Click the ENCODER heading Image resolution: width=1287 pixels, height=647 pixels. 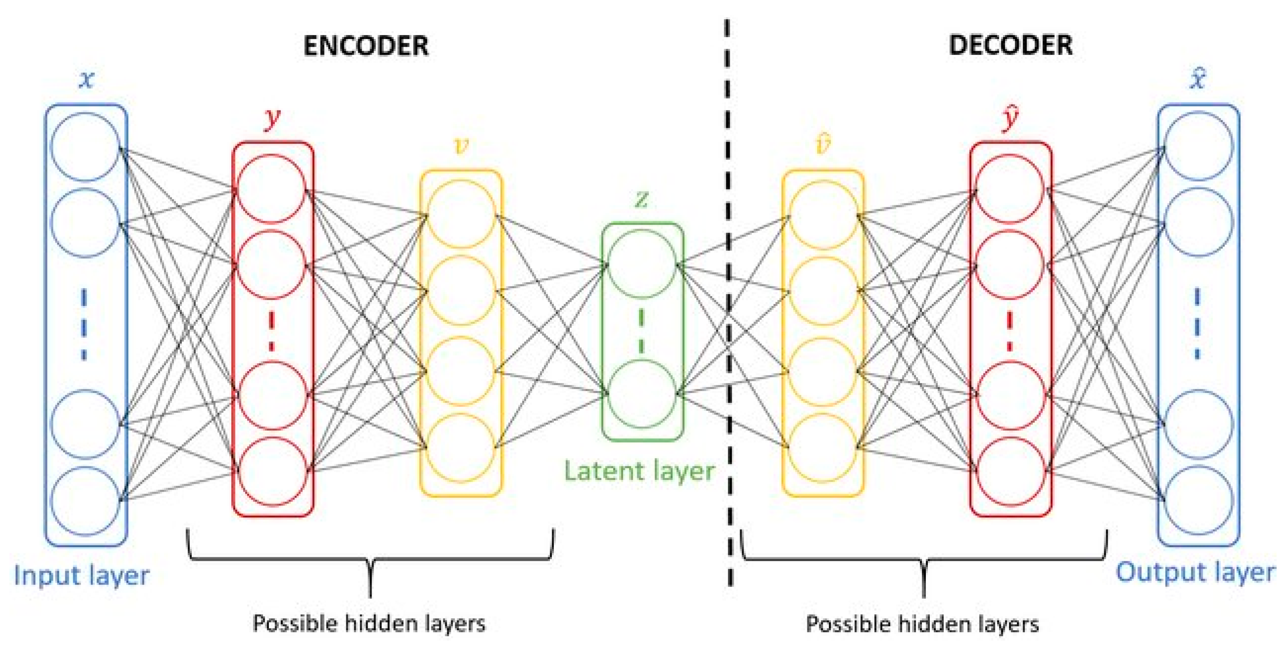click(366, 46)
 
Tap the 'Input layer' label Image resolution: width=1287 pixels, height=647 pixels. click(81, 576)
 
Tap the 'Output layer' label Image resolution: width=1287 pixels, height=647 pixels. click(1195, 572)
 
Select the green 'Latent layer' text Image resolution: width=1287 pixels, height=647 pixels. click(640, 471)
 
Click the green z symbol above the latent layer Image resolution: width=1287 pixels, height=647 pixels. click(642, 199)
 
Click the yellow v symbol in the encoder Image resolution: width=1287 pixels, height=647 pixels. click(461, 146)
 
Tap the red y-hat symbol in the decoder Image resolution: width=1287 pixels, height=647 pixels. click(1010, 119)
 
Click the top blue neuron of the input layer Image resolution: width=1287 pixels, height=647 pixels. click(85, 147)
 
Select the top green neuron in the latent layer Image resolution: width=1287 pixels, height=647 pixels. click(642, 264)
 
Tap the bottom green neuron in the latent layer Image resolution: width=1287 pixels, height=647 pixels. click(642, 394)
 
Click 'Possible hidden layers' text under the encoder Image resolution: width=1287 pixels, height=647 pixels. click(369, 624)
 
